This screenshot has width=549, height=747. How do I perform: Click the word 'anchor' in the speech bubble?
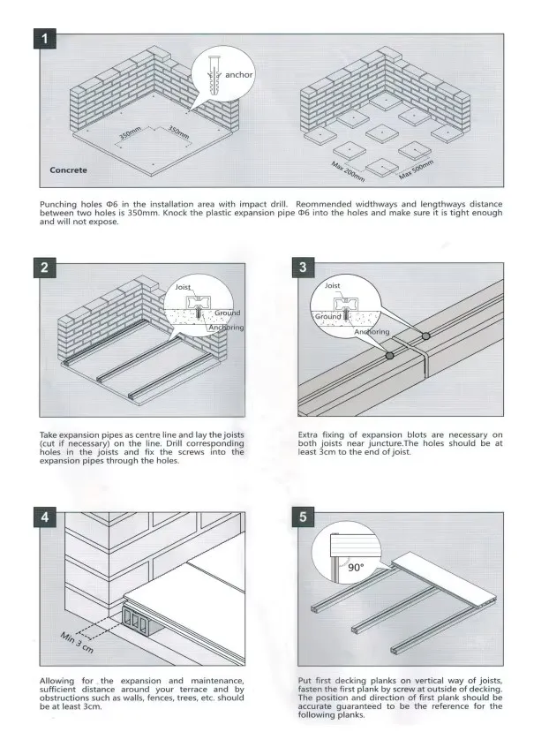238,75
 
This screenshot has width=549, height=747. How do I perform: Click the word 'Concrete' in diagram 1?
69,170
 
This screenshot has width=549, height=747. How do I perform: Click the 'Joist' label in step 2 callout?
183,288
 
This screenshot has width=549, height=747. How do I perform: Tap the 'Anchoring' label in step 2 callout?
226,328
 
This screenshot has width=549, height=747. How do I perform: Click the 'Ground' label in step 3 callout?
328,316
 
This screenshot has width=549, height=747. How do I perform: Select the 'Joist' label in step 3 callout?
333,286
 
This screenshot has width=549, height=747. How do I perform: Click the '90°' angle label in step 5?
355,569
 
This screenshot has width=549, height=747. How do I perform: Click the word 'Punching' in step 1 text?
57,204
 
